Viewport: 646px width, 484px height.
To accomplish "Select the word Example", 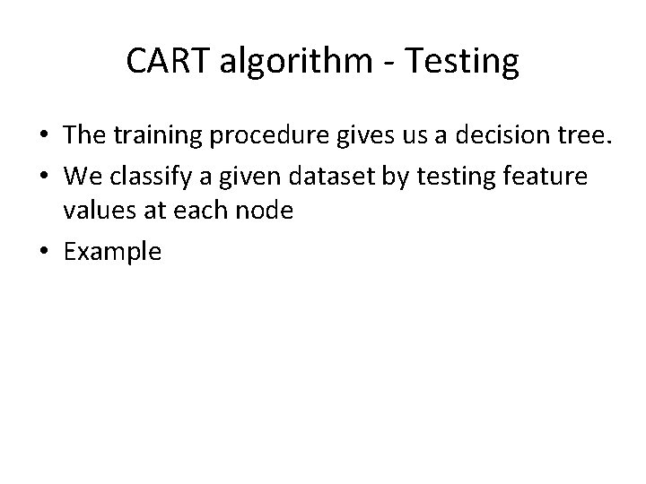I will click(x=112, y=252).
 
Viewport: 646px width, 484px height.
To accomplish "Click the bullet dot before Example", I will click(x=42, y=252).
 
